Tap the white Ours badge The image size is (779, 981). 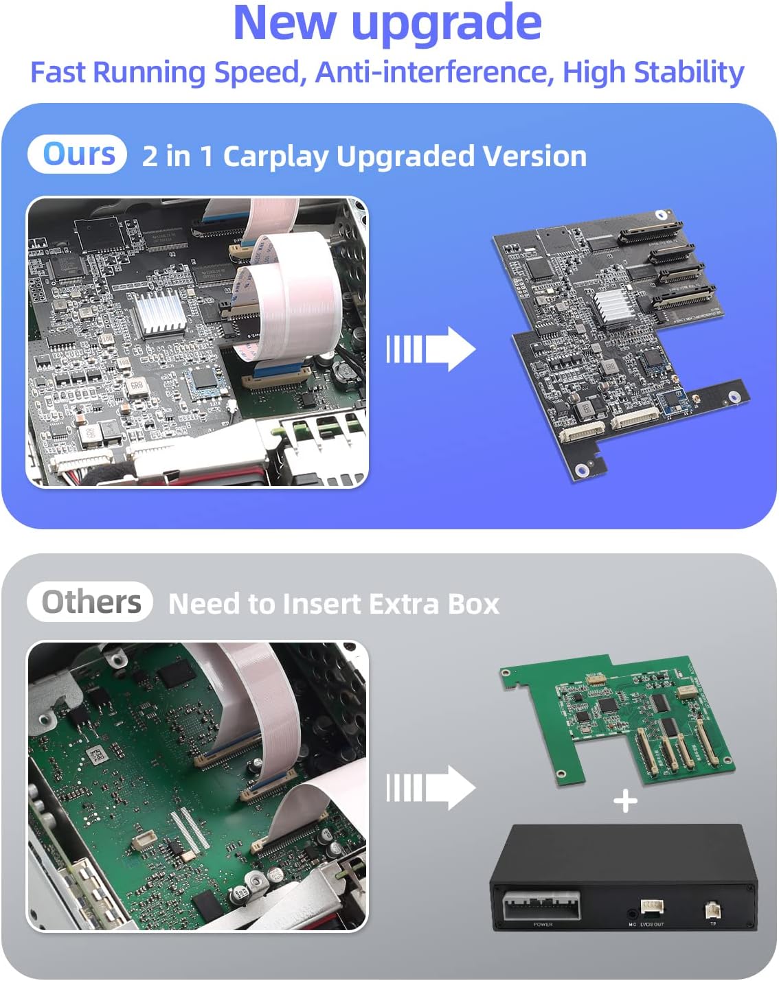coord(78,154)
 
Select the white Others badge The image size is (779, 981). coord(90,602)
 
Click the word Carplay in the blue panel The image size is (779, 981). coord(276,157)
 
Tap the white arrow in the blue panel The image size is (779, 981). coord(431,349)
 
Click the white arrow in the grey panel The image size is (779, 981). coord(431,787)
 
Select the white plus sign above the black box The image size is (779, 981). coord(625,801)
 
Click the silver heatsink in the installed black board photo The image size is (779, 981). coord(159,312)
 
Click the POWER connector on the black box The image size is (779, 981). coord(542,907)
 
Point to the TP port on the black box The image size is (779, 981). coord(712,911)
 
